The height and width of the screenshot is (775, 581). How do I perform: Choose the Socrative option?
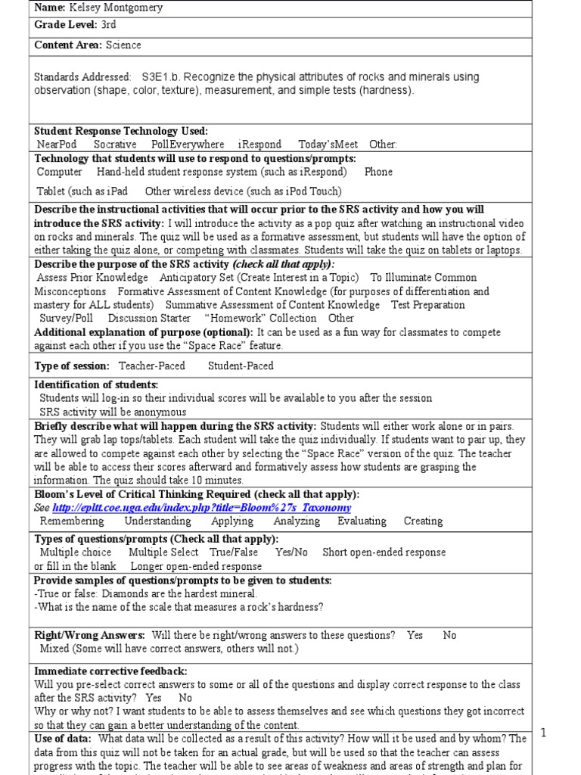(x=115, y=144)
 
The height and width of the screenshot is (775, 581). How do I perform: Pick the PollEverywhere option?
(x=187, y=144)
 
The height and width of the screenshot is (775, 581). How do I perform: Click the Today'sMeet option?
(x=328, y=144)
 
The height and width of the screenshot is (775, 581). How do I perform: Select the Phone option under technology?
(x=378, y=172)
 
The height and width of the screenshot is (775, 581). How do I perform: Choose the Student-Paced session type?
(x=241, y=366)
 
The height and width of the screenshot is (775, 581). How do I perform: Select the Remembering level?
(x=73, y=521)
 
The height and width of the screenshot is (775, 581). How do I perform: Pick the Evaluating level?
(x=362, y=521)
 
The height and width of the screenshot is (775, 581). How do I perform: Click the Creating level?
(x=423, y=521)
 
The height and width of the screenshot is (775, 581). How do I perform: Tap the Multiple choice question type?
(x=75, y=552)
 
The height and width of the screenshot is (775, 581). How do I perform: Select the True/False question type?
(x=234, y=552)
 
